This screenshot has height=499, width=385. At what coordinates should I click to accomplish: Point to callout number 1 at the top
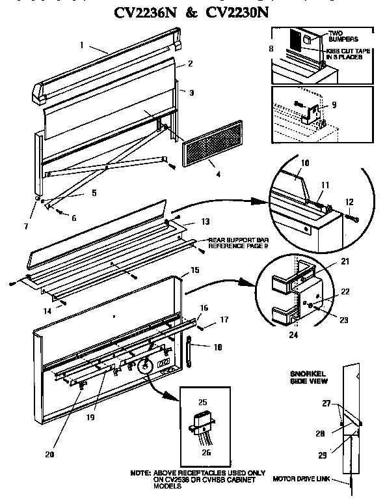point(83,46)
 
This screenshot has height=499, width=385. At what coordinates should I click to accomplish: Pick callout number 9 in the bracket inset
point(335,104)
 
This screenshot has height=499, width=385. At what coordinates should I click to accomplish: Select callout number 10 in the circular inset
point(305,162)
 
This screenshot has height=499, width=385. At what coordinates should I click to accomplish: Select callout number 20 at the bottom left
point(50,454)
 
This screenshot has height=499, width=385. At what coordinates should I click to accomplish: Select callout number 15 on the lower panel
point(194,269)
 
